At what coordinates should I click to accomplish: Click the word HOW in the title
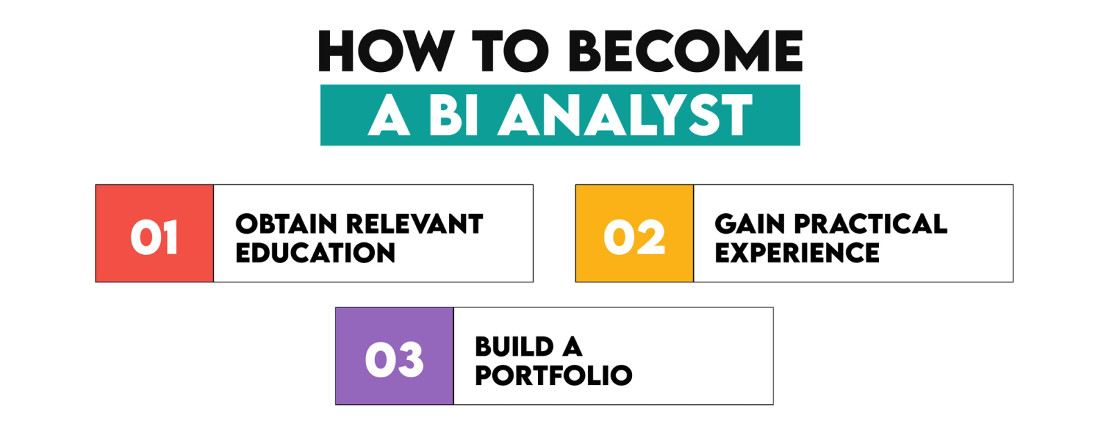tap(385, 52)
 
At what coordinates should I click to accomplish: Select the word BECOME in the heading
tap(688, 52)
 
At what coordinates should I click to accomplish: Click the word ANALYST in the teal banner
tap(627, 116)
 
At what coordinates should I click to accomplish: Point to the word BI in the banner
tap(454, 116)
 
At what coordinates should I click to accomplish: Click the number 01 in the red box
tap(154, 237)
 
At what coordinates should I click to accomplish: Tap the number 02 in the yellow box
tap(634, 237)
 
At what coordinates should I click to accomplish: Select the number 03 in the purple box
tap(394, 360)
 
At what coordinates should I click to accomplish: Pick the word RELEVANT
tap(414, 224)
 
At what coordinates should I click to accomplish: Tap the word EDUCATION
tap(315, 253)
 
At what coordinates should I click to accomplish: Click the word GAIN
tap(749, 224)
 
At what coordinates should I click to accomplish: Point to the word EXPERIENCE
tap(797, 253)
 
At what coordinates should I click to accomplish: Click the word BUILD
tap(514, 347)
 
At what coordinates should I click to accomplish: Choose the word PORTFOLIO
tap(553, 376)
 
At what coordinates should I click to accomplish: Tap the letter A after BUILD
tap(572, 347)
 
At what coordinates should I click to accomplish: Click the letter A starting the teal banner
tap(390, 116)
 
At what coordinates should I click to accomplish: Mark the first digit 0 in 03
tap(378, 360)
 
